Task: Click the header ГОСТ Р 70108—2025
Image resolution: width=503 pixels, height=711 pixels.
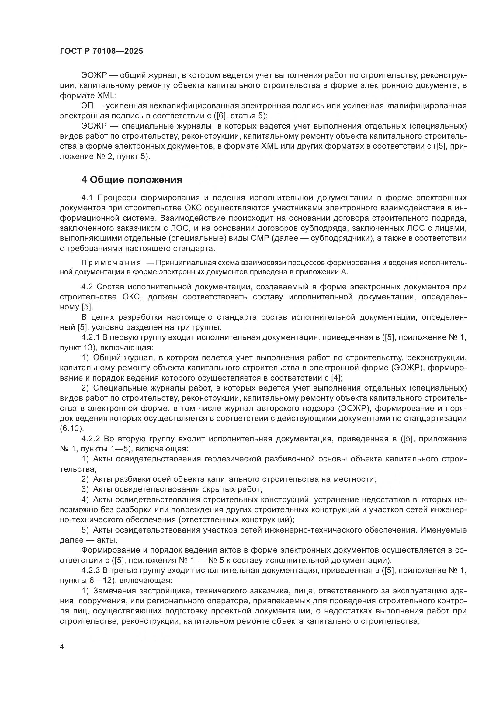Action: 101,51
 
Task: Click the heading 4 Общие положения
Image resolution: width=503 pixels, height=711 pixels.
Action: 132,180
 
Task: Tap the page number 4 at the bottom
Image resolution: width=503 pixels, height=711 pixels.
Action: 62,647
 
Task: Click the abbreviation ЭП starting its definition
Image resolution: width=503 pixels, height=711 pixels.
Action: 88,106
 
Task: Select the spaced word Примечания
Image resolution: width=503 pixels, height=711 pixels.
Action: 111,263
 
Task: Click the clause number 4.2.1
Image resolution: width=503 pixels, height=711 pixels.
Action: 91,337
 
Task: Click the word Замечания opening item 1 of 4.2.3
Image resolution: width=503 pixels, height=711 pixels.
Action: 115,591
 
